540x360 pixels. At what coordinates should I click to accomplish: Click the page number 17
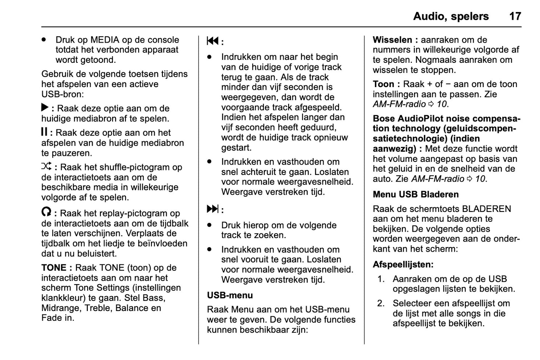(x=515, y=16)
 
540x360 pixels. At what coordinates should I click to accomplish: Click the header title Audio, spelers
(x=451, y=16)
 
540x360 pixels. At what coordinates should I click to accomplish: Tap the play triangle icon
(x=45, y=108)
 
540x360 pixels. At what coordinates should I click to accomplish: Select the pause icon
(x=44, y=132)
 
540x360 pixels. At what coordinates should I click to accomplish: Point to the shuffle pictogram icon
(x=46, y=166)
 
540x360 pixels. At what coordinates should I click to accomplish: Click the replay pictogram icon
(x=46, y=212)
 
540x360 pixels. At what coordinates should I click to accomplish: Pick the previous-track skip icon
(x=213, y=41)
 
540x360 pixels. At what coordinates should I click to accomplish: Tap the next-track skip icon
(x=213, y=209)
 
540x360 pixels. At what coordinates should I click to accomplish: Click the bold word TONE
(x=54, y=268)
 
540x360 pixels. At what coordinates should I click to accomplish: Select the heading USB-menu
(x=230, y=295)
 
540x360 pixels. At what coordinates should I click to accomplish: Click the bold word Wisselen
(x=392, y=40)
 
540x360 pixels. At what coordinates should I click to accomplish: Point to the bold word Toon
(x=383, y=84)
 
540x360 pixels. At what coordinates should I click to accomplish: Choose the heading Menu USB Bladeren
(x=416, y=194)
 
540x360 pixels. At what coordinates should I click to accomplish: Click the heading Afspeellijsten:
(x=403, y=265)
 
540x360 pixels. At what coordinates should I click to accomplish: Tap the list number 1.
(x=381, y=279)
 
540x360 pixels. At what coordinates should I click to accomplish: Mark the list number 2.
(x=381, y=303)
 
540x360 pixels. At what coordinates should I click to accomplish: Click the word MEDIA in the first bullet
(x=105, y=40)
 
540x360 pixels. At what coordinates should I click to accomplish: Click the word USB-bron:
(x=62, y=94)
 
